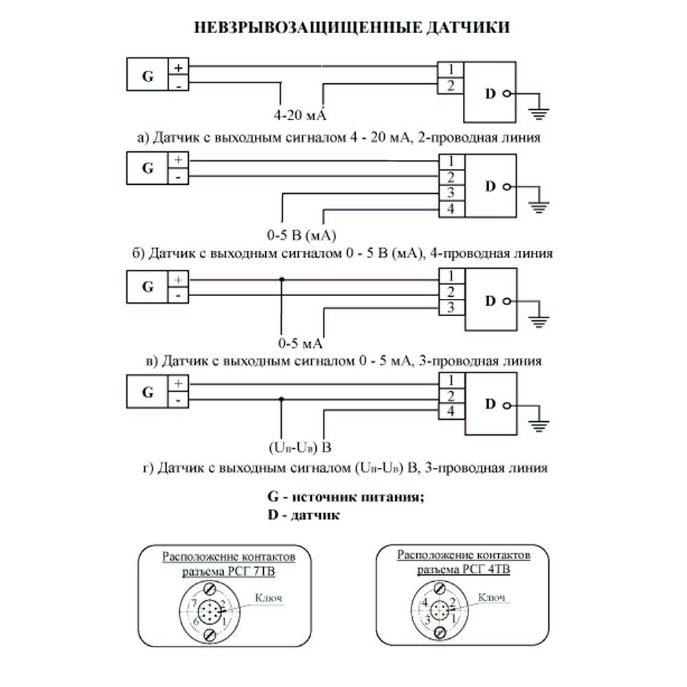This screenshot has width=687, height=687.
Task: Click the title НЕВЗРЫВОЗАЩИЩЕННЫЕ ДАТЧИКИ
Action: tap(352, 27)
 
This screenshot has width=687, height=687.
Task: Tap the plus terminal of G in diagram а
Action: tap(179, 67)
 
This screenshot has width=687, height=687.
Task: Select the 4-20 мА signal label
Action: tap(300, 115)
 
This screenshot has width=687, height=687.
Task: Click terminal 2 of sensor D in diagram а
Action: tap(451, 86)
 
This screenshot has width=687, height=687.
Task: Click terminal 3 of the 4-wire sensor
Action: tap(451, 193)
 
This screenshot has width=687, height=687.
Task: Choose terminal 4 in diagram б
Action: tap(451, 209)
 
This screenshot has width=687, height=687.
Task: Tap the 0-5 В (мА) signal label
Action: tap(302, 235)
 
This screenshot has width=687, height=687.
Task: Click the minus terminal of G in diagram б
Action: tap(179, 177)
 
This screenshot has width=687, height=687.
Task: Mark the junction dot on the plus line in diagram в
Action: tap(282, 280)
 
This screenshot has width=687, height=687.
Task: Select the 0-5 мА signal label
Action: tap(300, 343)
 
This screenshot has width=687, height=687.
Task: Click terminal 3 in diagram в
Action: tap(451, 308)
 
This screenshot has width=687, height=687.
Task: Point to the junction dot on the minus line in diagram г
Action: tap(281, 399)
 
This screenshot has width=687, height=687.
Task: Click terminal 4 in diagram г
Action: tap(451, 412)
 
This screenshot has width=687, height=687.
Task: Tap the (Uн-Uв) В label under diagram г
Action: tap(300, 447)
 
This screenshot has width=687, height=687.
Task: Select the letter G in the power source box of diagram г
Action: tap(148, 392)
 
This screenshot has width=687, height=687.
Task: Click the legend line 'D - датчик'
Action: tap(304, 515)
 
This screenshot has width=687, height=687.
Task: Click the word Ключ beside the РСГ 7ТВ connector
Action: tap(269, 598)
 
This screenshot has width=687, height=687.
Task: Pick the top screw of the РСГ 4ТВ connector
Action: tap(440, 587)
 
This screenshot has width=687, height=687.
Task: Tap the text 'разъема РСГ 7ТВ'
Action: tap(228, 572)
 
